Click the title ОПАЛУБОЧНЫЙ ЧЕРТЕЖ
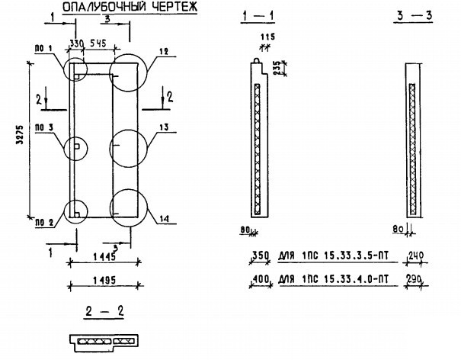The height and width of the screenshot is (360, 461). pos(130,8)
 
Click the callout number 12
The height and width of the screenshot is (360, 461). pos(163,53)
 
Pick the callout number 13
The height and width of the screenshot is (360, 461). pos(164,128)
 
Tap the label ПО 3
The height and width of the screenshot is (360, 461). pos(43,128)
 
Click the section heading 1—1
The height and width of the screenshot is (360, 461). pos(258,15)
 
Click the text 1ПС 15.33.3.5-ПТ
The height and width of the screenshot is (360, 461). pos(344,257)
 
